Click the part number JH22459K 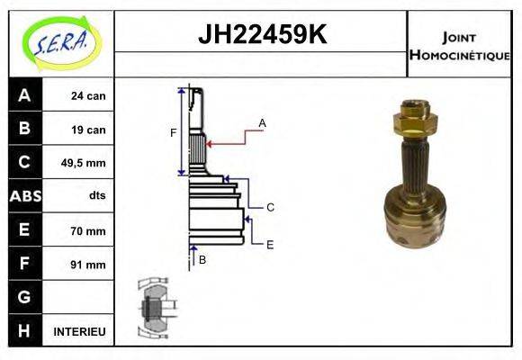point(261,35)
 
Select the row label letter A point(24,95)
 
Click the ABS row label point(24,196)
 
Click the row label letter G point(24,297)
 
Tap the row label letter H point(24,331)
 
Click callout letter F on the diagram point(173,133)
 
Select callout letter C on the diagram point(269,208)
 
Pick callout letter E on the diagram point(269,244)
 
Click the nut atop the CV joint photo point(414,116)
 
